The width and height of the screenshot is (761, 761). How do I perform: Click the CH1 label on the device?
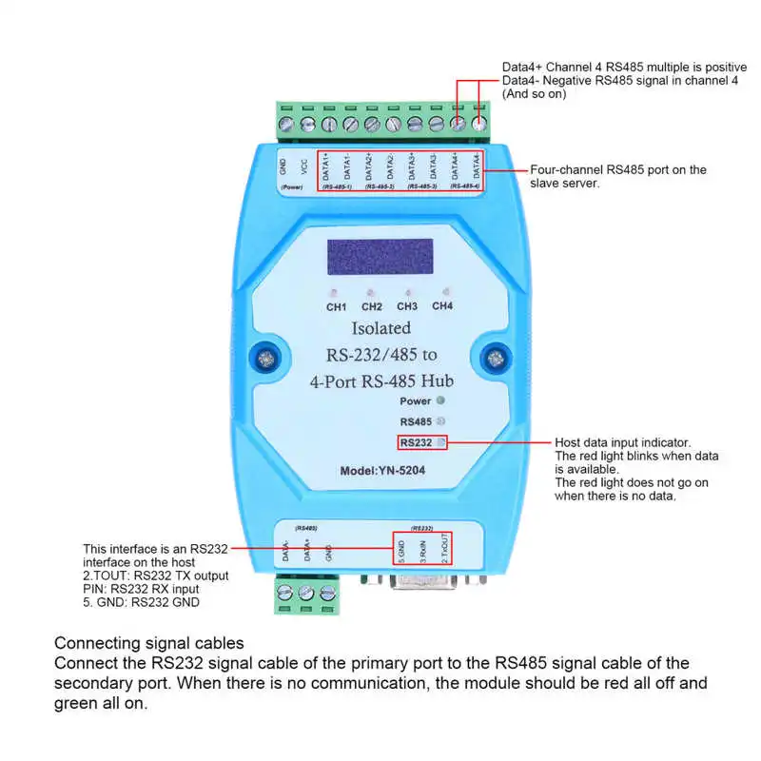(x=337, y=306)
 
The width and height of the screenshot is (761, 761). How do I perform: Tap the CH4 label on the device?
(x=442, y=305)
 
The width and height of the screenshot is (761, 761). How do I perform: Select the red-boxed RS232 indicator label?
(x=416, y=442)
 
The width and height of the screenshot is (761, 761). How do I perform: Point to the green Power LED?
(x=439, y=400)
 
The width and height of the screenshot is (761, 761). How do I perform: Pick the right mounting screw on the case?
(x=494, y=359)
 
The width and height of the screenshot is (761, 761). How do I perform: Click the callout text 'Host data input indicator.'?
(x=623, y=443)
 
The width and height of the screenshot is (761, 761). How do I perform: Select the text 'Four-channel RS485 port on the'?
(x=617, y=170)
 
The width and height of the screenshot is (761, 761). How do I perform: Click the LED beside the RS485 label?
(x=439, y=420)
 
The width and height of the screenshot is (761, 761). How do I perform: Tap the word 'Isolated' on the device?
(x=381, y=328)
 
